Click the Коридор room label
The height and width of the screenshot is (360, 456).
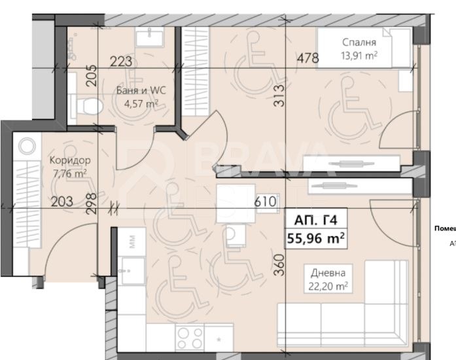point(69,160)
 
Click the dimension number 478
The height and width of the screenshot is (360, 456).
point(307,58)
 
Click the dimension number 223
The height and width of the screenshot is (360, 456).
point(121,62)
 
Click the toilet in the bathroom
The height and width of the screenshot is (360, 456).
point(85,105)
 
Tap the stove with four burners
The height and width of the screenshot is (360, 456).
point(190,339)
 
